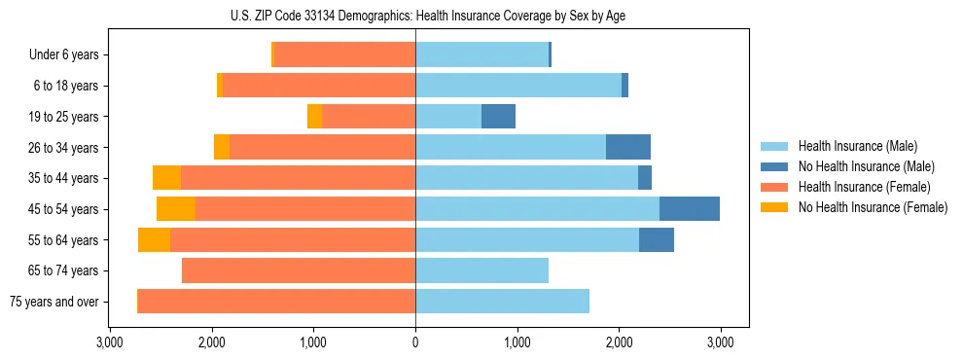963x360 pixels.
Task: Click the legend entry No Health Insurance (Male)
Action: pos(866,166)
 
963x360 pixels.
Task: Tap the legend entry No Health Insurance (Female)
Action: pos(873,207)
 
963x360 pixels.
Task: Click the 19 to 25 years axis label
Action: pos(65,117)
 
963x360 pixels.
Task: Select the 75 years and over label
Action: pos(53,302)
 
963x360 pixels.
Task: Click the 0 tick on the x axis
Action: pos(415,342)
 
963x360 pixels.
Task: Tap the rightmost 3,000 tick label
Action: pos(720,342)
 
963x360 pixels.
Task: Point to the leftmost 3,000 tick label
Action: pos(110,342)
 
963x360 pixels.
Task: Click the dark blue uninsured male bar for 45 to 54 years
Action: pos(690,209)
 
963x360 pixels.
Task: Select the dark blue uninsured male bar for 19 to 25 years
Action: pos(498,117)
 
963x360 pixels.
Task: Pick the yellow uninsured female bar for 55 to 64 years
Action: pos(154,240)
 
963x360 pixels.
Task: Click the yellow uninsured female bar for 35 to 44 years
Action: pos(166,178)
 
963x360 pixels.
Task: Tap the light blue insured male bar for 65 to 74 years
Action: pos(481,270)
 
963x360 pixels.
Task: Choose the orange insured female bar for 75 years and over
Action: pos(277,302)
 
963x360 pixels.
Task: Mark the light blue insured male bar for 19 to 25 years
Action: pos(448,117)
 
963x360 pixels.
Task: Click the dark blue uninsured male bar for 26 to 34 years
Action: pos(628,147)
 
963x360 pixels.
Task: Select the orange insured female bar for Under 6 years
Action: pos(345,55)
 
